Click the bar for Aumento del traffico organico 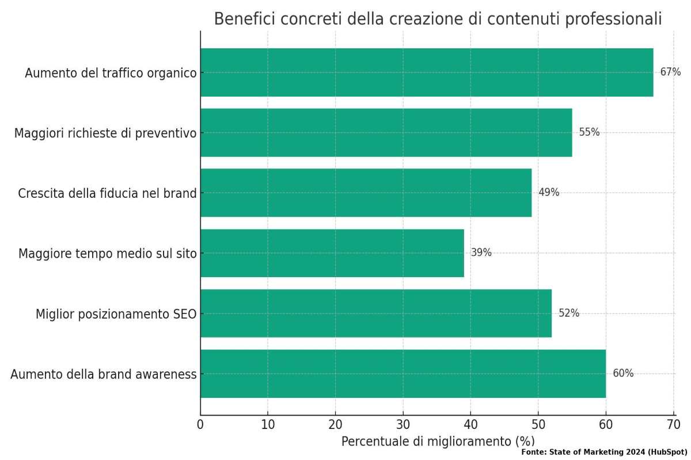(x=426, y=72)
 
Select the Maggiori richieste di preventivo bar (x=386, y=132)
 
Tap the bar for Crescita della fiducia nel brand (x=366, y=193)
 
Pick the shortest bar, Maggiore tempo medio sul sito (x=332, y=253)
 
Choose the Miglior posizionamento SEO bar (x=375, y=313)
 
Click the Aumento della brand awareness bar (x=403, y=374)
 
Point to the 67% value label (x=670, y=72)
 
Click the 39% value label (x=481, y=252)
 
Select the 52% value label (x=568, y=313)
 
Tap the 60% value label (x=622, y=374)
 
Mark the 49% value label (x=548, y=193)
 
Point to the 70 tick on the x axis (x=673, y=425)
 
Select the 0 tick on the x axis (x=200, y=425)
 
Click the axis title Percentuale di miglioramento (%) (x=438, y=442)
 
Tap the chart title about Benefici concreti (x=438, y=19)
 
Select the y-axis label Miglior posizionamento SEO (x=116, y=314)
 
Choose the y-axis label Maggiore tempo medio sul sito (x=107, y=254)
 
